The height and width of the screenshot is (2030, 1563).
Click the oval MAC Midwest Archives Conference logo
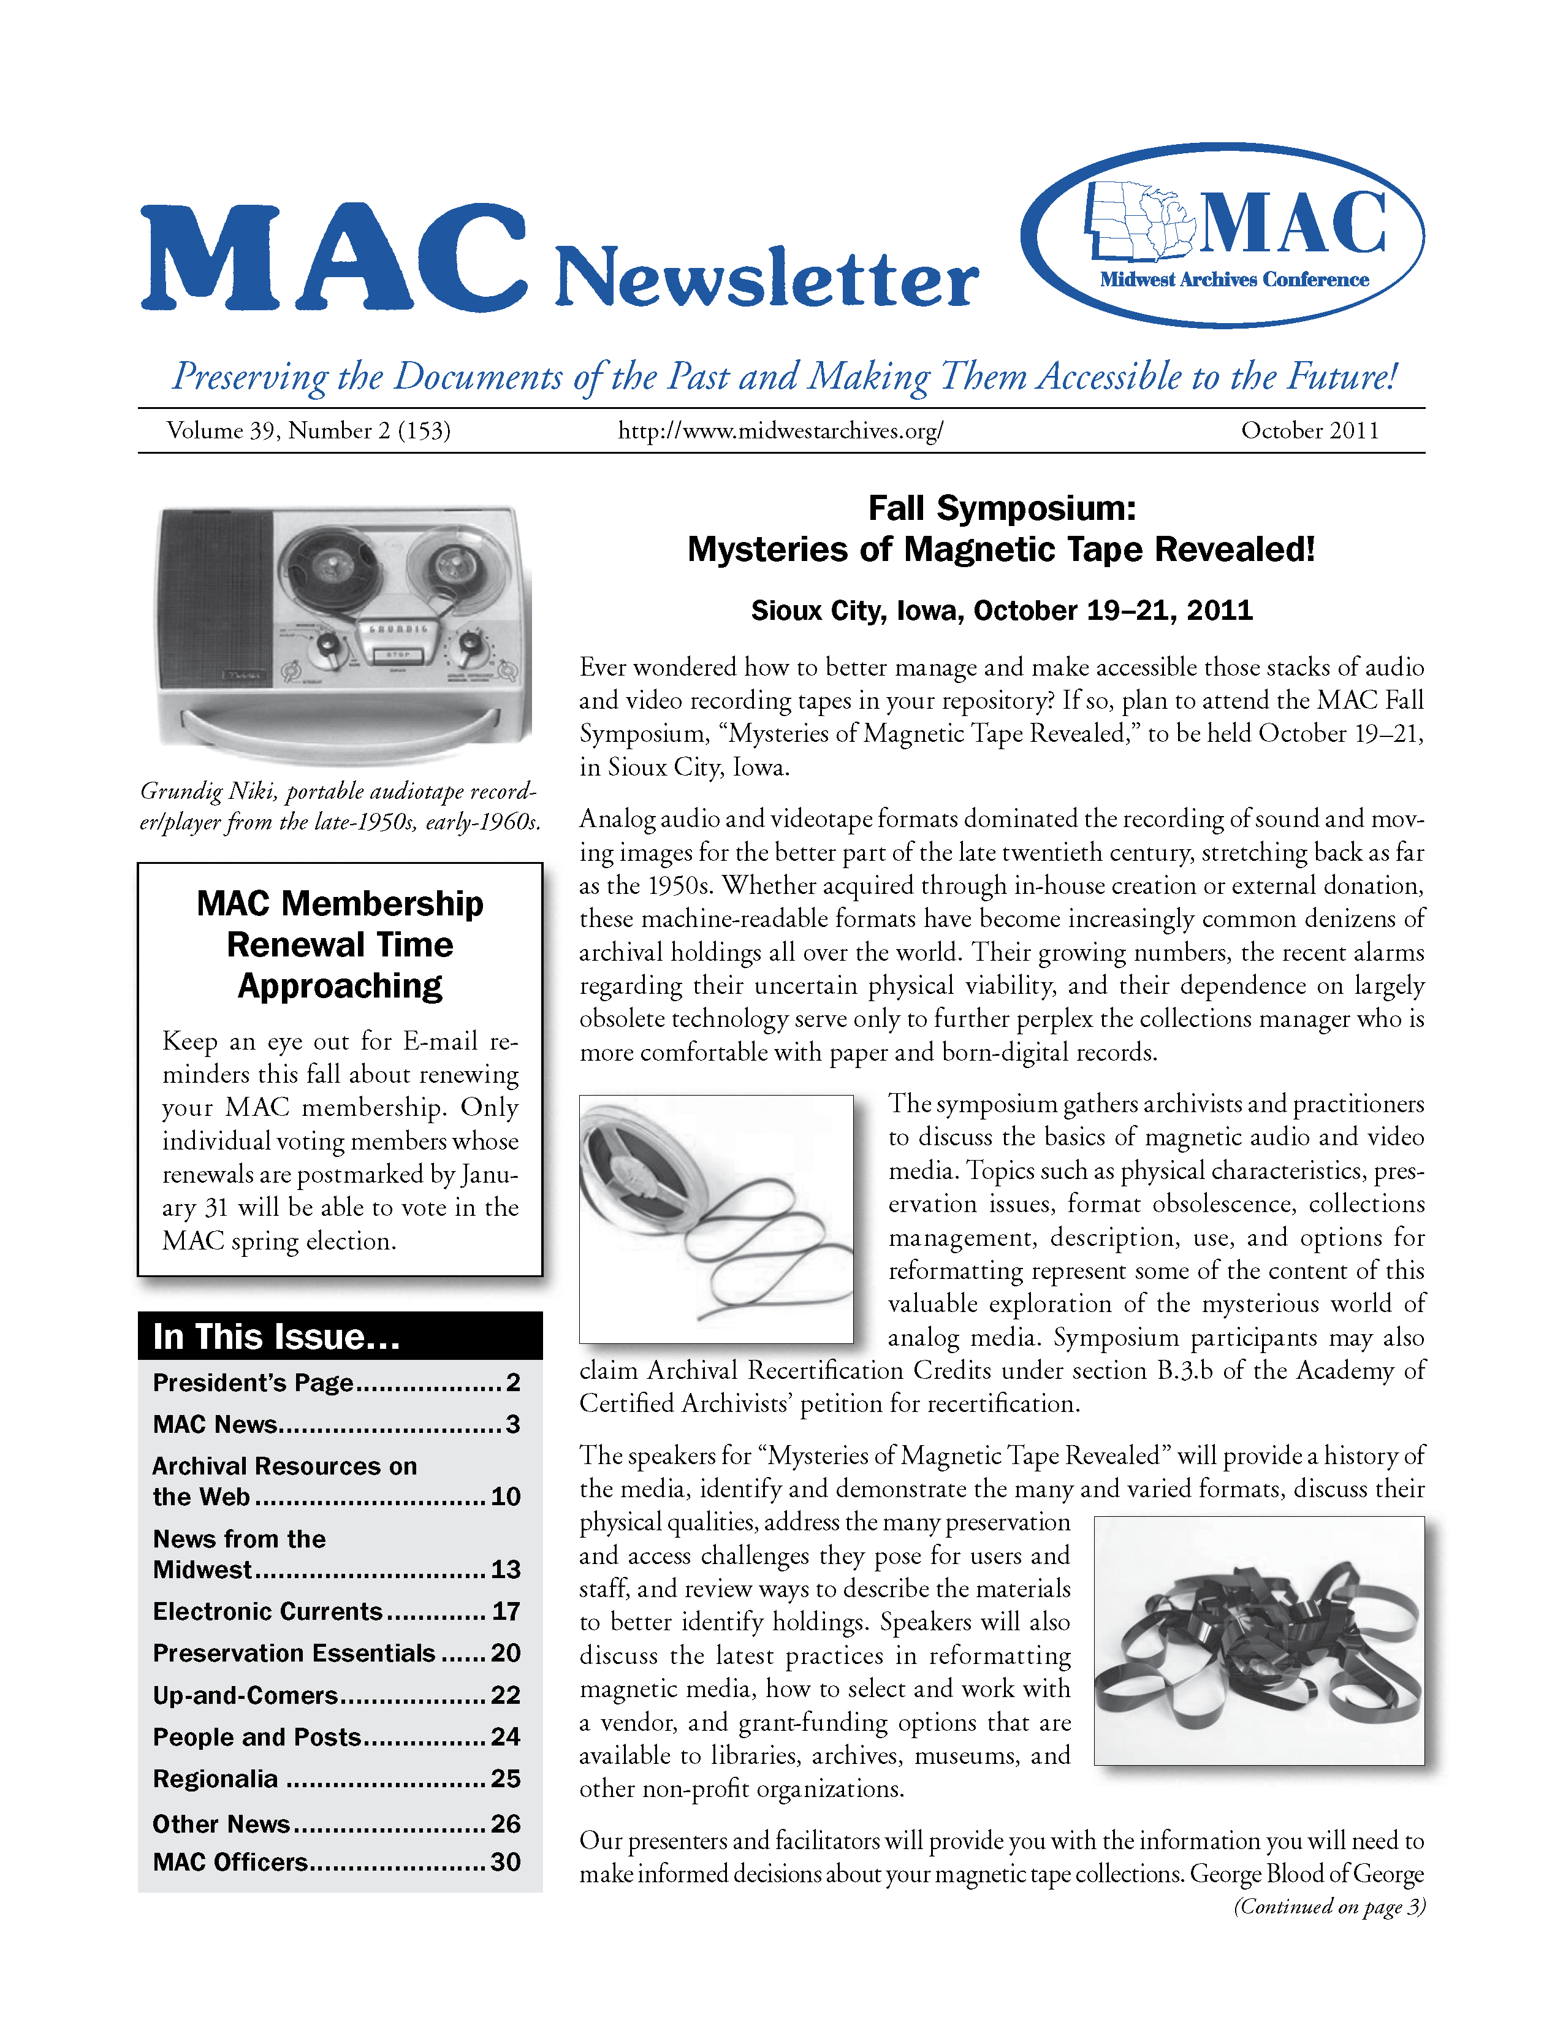pyautogui.click(x=1222, y=235)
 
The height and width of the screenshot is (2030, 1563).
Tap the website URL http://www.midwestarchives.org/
pyautogui.click(x=780, y=430)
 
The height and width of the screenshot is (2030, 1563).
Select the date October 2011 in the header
pyautogui.click(x=1309, y=430)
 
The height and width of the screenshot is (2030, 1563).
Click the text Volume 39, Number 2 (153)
pyautogui.click(x=308, y=430)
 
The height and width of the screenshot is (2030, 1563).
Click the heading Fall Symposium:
pyautogui.click(x=1001, y=508)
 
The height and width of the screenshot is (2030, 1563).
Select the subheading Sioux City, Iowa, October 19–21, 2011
pyautogui.click(x=1001, y=611)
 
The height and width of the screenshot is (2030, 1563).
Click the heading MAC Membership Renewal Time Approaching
pyautogui.click(x=340, y=944)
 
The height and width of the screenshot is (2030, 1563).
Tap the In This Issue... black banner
pyautogui.click(x=340, y=1336)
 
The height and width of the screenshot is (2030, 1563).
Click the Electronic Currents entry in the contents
pyautogui.click(x=268, y=1611)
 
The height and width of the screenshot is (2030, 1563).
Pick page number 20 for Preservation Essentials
pyautogui.click(x=506, y=1652)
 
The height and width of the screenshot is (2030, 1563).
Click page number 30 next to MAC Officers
pyautogui.click(x=506, y=1862)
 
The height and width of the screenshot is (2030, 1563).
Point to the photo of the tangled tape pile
pyautogui.click(x=1258, y=1641)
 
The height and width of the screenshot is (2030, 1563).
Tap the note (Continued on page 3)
pyautogui.click(x=1329, y=1906)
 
